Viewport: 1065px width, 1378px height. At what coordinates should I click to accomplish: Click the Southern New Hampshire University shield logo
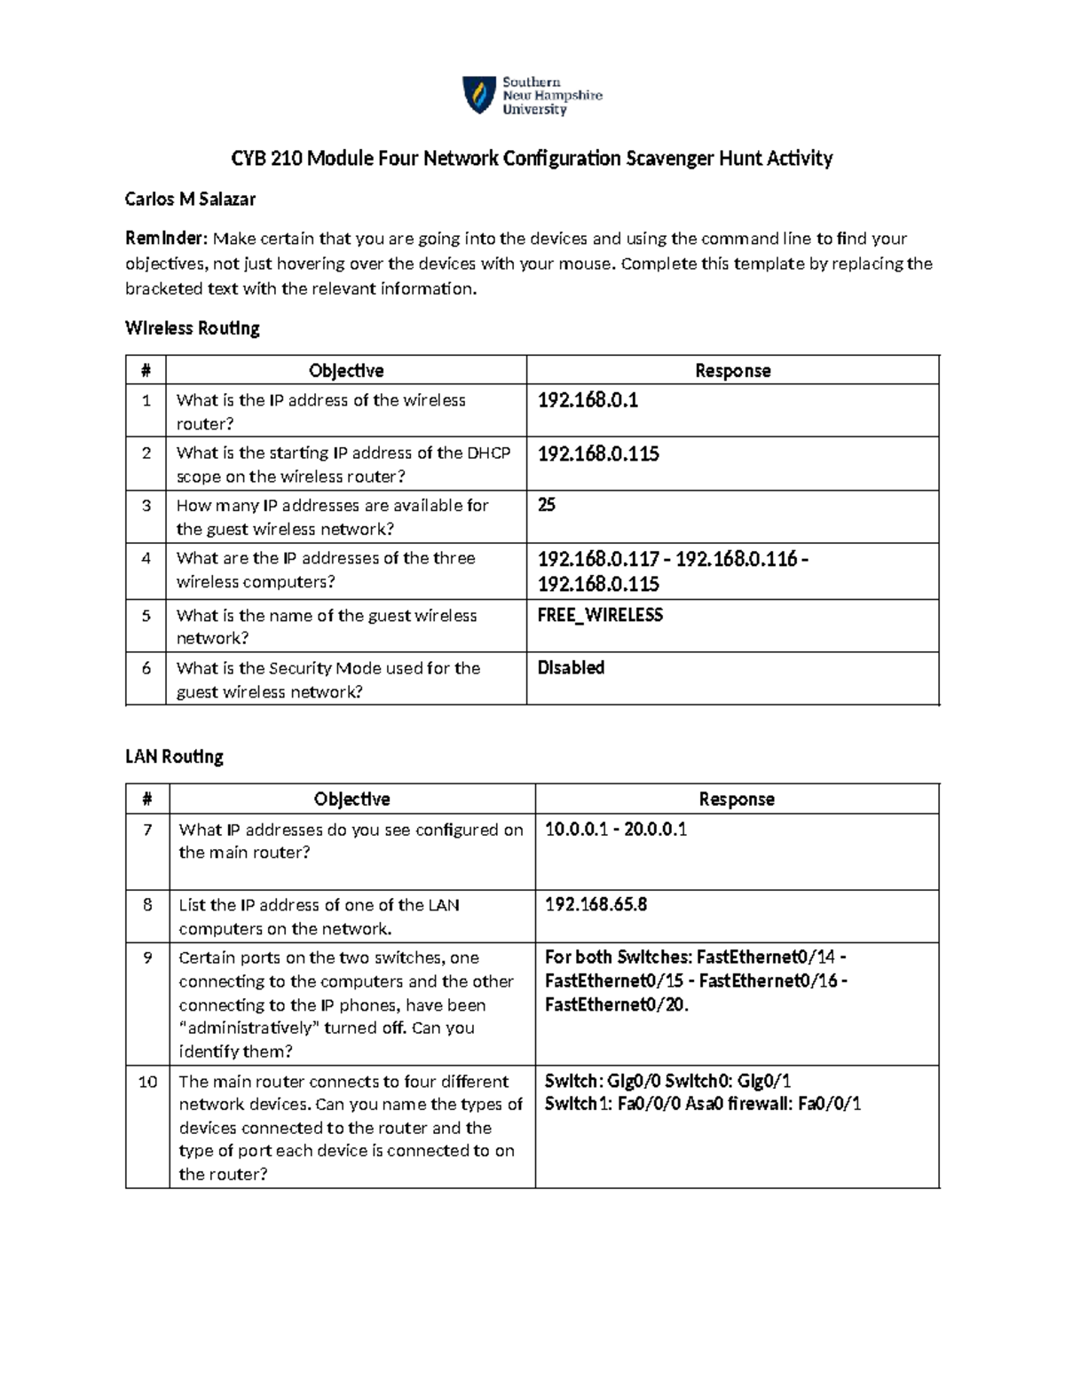pos(479,95)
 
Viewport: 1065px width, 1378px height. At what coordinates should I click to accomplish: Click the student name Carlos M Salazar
pos(190,200)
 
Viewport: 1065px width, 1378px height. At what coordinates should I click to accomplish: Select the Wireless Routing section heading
pos(193,328)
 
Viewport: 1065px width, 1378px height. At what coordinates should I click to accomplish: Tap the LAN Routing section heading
pos(174,757)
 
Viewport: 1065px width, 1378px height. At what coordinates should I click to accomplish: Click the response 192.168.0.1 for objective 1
pos(588,400)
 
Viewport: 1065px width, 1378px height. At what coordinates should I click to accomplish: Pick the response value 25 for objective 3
pos(547,505)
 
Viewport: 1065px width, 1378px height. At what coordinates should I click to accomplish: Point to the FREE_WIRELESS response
pos(600,615)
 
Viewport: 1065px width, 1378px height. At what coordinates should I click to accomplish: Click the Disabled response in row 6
pos(571,667)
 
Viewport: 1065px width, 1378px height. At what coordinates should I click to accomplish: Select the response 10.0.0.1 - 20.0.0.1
pos(616,829)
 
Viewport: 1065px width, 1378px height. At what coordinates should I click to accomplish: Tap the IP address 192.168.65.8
pos(596,904)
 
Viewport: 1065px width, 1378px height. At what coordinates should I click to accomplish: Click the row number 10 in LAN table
pos(147,1082)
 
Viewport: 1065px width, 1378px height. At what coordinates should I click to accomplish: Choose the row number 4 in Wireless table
pos(146,558)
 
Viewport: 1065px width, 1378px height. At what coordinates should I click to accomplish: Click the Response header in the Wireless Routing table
pos(732,371)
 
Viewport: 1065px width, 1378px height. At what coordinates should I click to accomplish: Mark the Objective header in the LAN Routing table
pos(351,799)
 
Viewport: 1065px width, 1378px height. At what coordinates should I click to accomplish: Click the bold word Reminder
pos(166,238)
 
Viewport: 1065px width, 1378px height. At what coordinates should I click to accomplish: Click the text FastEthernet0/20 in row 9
pos(615,1004)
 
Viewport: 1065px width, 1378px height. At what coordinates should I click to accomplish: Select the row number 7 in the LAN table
pos(147,830)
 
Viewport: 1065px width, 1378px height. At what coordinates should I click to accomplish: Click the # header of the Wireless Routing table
pos(146,371)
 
